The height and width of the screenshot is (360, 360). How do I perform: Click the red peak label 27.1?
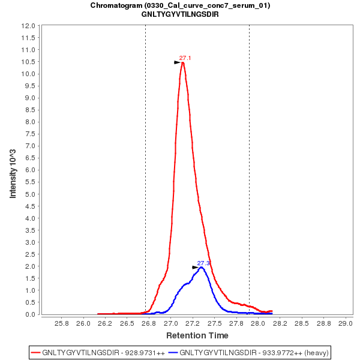(x=185, y=58)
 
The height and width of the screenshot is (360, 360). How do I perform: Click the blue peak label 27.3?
(x=203, y=263)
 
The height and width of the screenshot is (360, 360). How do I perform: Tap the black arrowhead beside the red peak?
(x=177, y=62)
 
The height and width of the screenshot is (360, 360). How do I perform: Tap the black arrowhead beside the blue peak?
(x=195, y=268)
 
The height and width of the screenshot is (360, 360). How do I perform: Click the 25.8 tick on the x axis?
(x=61, y=323)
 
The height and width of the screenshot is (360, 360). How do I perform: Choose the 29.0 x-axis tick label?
(x=345, y=323)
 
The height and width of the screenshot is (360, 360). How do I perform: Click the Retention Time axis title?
(x=197, y=335)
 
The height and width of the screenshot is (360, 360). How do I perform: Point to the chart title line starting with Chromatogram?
(x=180, y=5)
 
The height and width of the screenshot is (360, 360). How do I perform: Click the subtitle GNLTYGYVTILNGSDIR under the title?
(x=180, y=14)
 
